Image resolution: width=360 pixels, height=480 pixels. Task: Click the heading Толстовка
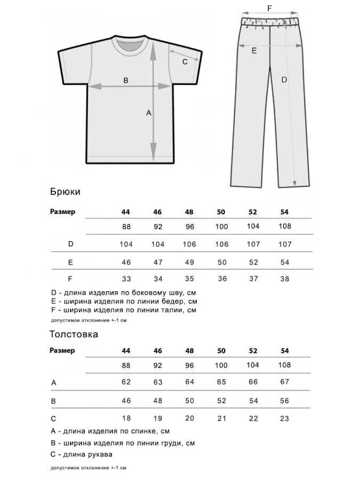tap(74, 335)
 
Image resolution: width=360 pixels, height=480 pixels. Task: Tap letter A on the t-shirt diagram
tap(149, 113)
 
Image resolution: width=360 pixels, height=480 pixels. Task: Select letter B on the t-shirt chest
tap(126, 81)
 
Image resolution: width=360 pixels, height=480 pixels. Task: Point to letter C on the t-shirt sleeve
tap(185, 62)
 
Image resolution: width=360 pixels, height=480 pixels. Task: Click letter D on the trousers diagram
tap(284, 79)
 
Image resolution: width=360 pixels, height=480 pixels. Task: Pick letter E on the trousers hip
tap(254, 51)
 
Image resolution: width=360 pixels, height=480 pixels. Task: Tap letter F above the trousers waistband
tap(269, 8)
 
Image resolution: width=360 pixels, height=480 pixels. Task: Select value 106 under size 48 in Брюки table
tap(189, 244)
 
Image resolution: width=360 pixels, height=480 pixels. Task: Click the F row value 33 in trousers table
tap(126, 278)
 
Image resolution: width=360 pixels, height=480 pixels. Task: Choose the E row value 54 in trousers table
tap(285, 262)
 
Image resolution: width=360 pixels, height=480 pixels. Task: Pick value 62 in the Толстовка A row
tap(126, 383)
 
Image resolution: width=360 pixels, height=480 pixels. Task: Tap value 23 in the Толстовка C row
tap(285, 419)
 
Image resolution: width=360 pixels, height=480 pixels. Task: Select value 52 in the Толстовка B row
tap(221, 401)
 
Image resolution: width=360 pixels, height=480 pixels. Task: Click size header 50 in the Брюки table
tap(221, 212)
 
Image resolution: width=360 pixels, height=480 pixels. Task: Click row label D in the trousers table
tap(70, 244)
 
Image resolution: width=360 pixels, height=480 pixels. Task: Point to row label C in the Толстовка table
tap(53, 419)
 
